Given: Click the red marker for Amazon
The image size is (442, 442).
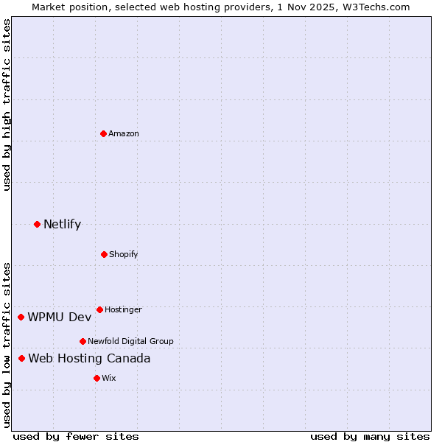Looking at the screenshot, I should (103, 133).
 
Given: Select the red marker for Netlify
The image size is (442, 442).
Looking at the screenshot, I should (37, 224).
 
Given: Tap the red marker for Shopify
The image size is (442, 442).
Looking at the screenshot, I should (104, 254).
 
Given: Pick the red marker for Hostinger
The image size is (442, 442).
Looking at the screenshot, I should (99, 309).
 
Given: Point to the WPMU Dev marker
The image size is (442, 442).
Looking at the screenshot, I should (21, 317).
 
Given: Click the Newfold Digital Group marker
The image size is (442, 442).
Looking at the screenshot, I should (83, 341).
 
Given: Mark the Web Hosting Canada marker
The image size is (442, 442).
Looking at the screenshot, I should (21, 358).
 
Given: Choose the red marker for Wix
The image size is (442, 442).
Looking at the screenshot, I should (97, 378).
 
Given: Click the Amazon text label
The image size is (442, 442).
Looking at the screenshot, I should (124, 133).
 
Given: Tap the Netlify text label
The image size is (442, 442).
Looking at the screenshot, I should (62, 224).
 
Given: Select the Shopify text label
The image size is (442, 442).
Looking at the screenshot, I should (124, 254).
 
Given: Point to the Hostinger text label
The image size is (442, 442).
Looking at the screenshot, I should (123, 309).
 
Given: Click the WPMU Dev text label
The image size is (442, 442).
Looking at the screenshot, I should (60, 317).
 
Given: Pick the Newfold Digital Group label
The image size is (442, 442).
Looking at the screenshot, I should (130, 341).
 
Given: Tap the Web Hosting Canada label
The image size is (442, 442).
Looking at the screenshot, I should (89, 358).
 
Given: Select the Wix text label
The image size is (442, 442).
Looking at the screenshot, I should (109, 378).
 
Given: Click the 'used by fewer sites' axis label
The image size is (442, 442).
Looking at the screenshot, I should (76, 436).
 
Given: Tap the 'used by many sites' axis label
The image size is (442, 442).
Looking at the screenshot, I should (370, 436).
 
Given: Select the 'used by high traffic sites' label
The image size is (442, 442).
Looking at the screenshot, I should (7, 105).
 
